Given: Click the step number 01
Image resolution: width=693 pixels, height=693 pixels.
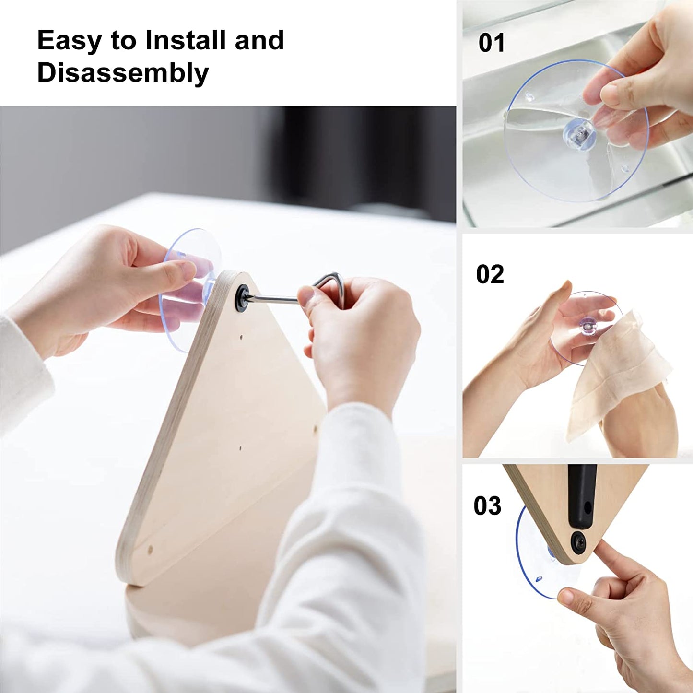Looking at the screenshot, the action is [x=492, y=43].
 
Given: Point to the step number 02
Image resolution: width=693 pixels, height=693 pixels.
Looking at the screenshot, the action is [x=490, y=274].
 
